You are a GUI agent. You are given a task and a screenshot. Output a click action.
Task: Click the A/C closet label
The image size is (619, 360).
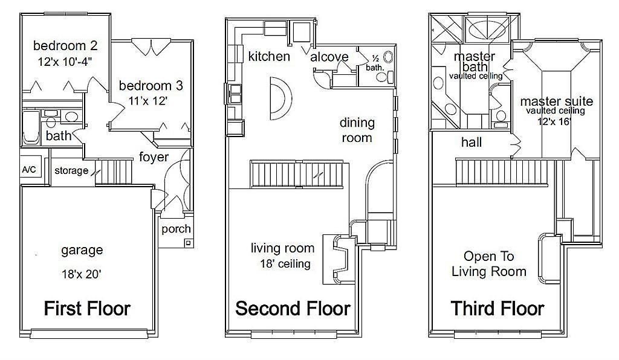[29, 170]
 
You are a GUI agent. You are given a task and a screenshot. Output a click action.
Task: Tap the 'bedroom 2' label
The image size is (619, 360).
[65, 46]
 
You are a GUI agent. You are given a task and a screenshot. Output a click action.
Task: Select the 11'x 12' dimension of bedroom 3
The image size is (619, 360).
[148, 101]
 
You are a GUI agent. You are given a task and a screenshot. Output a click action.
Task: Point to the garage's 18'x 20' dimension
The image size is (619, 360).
[82, 274]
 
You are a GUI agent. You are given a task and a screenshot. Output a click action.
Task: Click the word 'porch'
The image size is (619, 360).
[176, 229]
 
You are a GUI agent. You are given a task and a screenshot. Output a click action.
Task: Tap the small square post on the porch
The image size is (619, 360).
[189, 243]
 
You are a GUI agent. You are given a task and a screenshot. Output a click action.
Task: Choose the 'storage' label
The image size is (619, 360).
[71, 171]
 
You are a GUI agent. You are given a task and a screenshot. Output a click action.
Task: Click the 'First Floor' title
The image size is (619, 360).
[87, 308]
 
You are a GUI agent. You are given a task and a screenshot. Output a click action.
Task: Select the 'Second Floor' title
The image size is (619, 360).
[293, 308]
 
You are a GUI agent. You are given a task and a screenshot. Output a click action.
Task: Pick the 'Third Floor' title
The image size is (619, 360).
[497, 308]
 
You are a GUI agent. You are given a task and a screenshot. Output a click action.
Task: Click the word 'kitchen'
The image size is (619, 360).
[269, 56]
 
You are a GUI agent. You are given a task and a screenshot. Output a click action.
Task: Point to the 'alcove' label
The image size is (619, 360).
[329, 57]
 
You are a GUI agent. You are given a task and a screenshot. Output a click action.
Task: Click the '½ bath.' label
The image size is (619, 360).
[375, 63]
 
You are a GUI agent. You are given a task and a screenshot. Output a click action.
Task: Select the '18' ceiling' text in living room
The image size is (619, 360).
[285, 263]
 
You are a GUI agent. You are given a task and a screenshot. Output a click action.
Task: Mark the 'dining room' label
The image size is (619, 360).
[357, 130]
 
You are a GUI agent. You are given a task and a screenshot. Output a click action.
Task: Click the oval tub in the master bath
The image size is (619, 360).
[487, 30]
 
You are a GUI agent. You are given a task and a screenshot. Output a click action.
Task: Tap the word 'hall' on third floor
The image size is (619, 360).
[472, 143]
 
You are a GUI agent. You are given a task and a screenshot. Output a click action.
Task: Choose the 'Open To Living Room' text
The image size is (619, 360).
[488, 264]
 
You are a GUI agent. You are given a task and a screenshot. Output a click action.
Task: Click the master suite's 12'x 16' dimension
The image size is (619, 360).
[555, 121]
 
